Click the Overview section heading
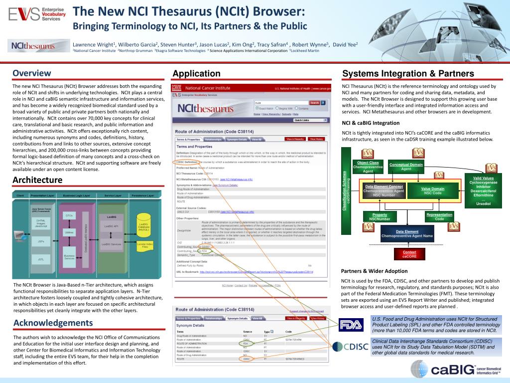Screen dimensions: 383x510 click(32, 73)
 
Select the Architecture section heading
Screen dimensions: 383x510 click(37, 180)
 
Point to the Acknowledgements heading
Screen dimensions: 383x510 click(53, 323)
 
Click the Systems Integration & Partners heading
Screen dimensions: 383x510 click(408, 74)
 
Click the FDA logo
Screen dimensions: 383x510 click(351, 325)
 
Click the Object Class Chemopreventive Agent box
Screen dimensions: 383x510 click(368, 167)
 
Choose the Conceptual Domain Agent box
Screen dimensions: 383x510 click(406, 167)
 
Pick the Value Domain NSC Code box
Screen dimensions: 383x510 click(432, 191)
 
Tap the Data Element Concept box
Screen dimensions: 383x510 click(384, 191)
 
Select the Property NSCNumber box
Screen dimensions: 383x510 click(380, 217)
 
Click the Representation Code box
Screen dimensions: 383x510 click(439, 217)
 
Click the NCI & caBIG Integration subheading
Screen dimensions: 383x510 click(371, 123)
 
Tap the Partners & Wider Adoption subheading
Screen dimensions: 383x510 click(374, 271)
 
